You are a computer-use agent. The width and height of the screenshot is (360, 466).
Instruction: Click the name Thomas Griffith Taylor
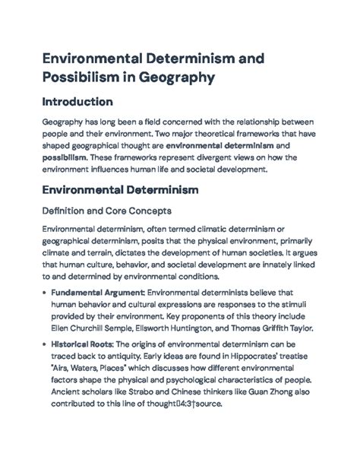[x=272, y=328]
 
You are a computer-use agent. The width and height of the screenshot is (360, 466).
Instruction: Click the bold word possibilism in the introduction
[x=64, y=157]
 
